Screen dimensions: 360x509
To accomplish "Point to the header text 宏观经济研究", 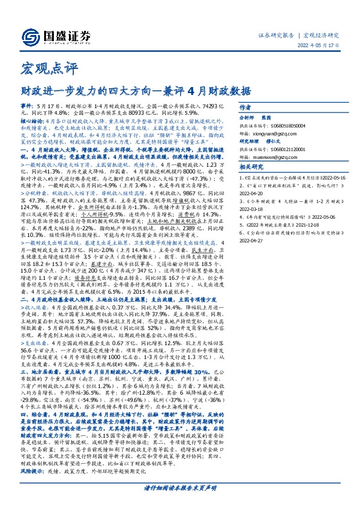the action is (322, 34).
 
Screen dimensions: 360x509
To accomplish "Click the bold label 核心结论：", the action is (31, 121).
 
